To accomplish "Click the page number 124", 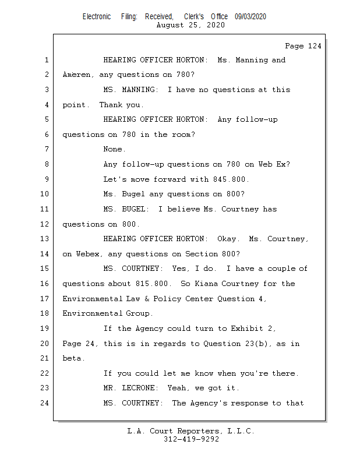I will [313, 46].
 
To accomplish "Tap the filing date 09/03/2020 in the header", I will [250, 17].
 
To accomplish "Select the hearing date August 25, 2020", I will [190, 26].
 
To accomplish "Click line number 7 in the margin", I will [46, 149].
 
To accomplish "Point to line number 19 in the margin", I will [44, 329].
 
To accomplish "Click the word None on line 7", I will [114, 149].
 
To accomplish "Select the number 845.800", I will [231, 179].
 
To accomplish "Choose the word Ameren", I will [76, 75].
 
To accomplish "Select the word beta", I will [73, 358].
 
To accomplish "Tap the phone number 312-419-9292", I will [190, 439].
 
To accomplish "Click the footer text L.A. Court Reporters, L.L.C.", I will [190, 431].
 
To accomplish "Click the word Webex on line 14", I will [87, 254].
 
